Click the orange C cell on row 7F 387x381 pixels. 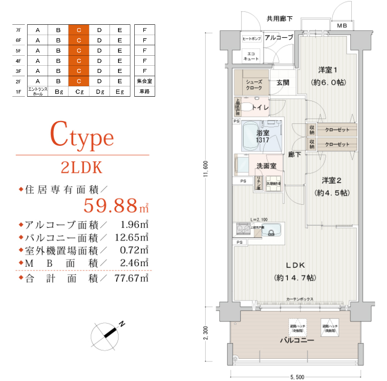pyautogui.click(x=79, y=30)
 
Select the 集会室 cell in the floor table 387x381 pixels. pyautogui.click(x=144, y=81)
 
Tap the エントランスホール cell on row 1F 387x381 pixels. pyautogui.click(x=38, y=91)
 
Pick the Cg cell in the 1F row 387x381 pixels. pyautogui.click(x=79, y=91)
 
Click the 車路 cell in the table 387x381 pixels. pyautogui.click(x=144, y=91)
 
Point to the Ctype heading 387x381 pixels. pyautogui.click(x=83, y=137)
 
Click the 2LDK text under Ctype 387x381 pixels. pyautogui.click(x=82, y=167)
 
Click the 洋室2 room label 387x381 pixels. pyautogui.click(x=331, y=180)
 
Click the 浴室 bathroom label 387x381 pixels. pyautogui.click(x=263, y=133)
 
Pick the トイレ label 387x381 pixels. pyautogui.click(x=260, y=108)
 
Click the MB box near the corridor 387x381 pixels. pyautogui.click(x=342, y=26)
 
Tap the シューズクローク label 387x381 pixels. pyautogui.click(x=254, y=85)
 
